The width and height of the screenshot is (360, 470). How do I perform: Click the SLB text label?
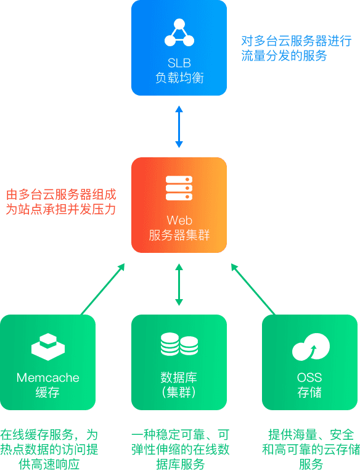pyautogui.click(x=179, y=63)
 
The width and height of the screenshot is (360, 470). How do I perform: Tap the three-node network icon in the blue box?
pyautogui.click(x=179, y=33)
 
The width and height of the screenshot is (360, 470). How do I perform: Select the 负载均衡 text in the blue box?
pyautogui.click(x=179, y=78)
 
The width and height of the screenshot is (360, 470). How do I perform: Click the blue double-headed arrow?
pyautogui.click(x=179, y=126)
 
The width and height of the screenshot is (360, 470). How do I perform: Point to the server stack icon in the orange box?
pyautogui.click(x=179, y=188)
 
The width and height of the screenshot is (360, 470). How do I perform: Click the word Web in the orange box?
pyautogui.click(x=179, y=220)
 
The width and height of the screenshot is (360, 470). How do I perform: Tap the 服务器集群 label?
pyautogui.click(x=179, y=235)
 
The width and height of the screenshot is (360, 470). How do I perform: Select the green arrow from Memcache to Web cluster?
pyautogui.click(x=103, y=289)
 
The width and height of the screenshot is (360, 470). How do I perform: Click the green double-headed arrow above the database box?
pyautogui.click(x=179, y=284)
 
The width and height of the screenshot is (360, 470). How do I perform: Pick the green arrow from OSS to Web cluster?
pyautogui.click(x=253, y=289)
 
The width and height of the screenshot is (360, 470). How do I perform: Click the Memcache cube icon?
pyautogui.click(x=48, y=347)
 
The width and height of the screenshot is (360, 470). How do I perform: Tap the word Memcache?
pyautogui.click(x=48, y=377)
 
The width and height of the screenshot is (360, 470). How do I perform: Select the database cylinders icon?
pyautogui.click(x=179, y=344)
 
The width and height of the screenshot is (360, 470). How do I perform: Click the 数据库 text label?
pyautogui.click(x=179, y=377)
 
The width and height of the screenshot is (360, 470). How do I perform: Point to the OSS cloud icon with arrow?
pyautogui.click(x=311, y=347)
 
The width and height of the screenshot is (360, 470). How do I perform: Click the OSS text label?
pyautogui.click(x=309, y=377)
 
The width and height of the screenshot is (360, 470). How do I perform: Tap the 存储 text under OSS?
pyautogui.click(x=309, y=392)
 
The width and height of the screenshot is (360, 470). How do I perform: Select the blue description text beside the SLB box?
pyautogui.click(x=297, y=48)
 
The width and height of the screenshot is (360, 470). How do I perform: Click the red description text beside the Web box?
pyautogui.click(x=61, y=202)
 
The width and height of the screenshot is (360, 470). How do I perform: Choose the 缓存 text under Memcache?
pyautogui.click(x=47, y=392)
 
